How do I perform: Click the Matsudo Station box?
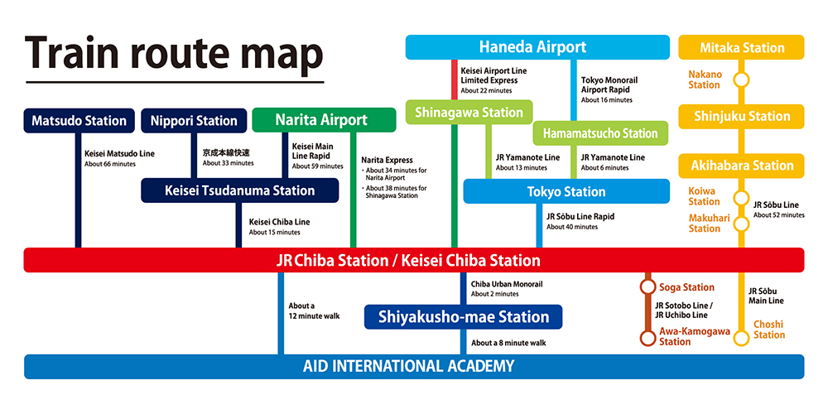[x=79, y=121]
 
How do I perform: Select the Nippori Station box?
[x=194, y=121]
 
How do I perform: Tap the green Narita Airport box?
[x=321, y=120]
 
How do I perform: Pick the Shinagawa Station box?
[x=469, y=113]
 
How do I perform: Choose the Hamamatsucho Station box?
[x=601, y=133]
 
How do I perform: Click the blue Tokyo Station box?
[x=566, y=191]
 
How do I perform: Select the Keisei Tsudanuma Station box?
[x=240, y=190]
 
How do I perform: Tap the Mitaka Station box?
[x=741, y=47]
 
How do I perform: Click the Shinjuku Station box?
[x=741, y=117]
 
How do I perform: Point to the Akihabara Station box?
[x=741, y=166]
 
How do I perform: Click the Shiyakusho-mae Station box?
[x=464, y=316]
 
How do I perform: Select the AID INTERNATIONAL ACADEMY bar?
[x=414, y=366]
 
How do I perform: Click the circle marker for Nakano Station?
[x=742, y=80]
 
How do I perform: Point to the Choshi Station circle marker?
[x=742, y=337]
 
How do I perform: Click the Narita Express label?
[x=387, y=160]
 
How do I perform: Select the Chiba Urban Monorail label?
[x=507, y=284]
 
